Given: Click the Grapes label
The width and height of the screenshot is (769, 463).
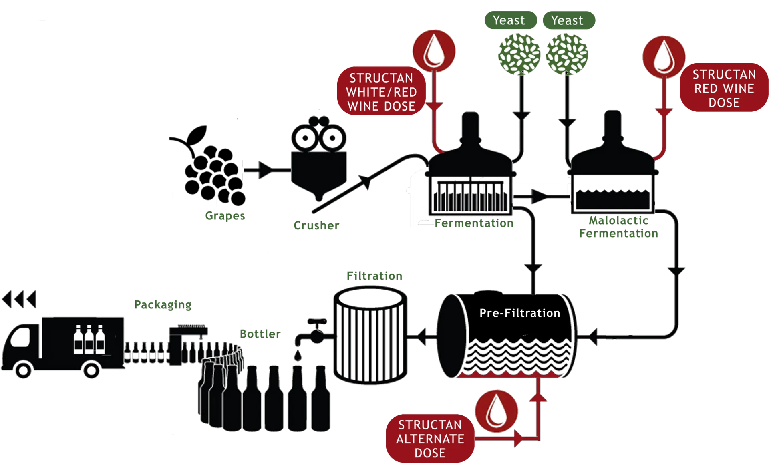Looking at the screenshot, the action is click(x=225, y=216).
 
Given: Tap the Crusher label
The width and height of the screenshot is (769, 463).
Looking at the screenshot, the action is click(x=316, y=225).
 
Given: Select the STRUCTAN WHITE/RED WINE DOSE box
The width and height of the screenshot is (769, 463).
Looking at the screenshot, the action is click(x=381, y=91).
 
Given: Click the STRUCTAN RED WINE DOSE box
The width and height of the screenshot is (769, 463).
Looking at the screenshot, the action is click(x=724, y=88).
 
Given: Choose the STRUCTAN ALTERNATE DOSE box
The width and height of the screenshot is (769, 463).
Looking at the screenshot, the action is click(x=430, y=438).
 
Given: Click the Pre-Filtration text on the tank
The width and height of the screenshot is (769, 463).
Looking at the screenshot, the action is click(x=519, y=313).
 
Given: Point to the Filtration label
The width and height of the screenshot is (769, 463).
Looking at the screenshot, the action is click(x=374, y=276).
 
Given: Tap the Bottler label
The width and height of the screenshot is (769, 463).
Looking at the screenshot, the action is click(x=260, y=334).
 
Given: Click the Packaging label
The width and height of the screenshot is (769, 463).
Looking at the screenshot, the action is click(x=163, y=305).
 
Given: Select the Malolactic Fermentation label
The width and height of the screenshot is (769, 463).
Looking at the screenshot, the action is click(x=618, y=227).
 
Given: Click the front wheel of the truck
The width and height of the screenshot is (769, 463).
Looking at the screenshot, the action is click(x=23, y=370).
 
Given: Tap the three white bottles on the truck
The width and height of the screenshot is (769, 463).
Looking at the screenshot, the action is click(x=89, y=339).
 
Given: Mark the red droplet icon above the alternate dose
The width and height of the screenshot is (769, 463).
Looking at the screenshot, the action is click(x=496, y=411).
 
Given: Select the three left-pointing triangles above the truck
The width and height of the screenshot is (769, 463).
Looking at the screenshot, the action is click(x=19, y=299).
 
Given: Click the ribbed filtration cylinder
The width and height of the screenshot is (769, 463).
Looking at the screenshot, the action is click(x=370, y=335).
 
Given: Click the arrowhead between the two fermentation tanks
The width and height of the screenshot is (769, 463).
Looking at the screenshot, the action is click(x=539, y=197).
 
